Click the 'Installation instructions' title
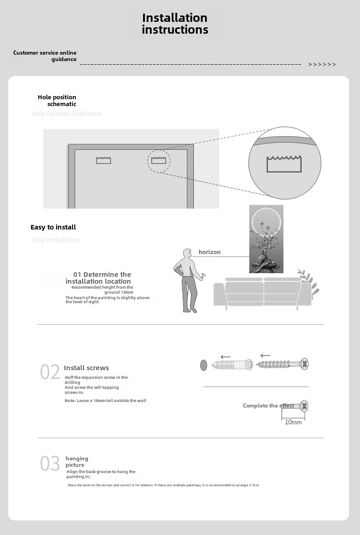click(x=175, y=24)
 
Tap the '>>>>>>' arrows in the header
click(x=322, y=65)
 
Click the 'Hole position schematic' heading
click(x=57, y=101)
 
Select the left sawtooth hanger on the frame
click(x=103, y=160)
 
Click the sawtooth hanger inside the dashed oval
click(x=158, y=160)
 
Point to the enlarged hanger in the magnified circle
click(x=284, y=164)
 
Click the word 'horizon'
click(x=210, y=252)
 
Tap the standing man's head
click(x=186, y=253)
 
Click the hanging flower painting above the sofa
click(x=266, y=239)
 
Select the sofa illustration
click(x=262, y=294)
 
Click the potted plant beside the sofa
click(x=308, y=282)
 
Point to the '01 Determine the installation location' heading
click(x=98, y=278)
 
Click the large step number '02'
click(x=50, y=372)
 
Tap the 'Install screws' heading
click(x=86, y=368)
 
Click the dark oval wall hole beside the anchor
click(x=204, y=365)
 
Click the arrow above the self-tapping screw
click(x=265, y=355)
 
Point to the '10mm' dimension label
click(x=293, y=422)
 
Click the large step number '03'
click(x=50, y=464)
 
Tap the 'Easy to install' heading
click(x=53, y=227)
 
